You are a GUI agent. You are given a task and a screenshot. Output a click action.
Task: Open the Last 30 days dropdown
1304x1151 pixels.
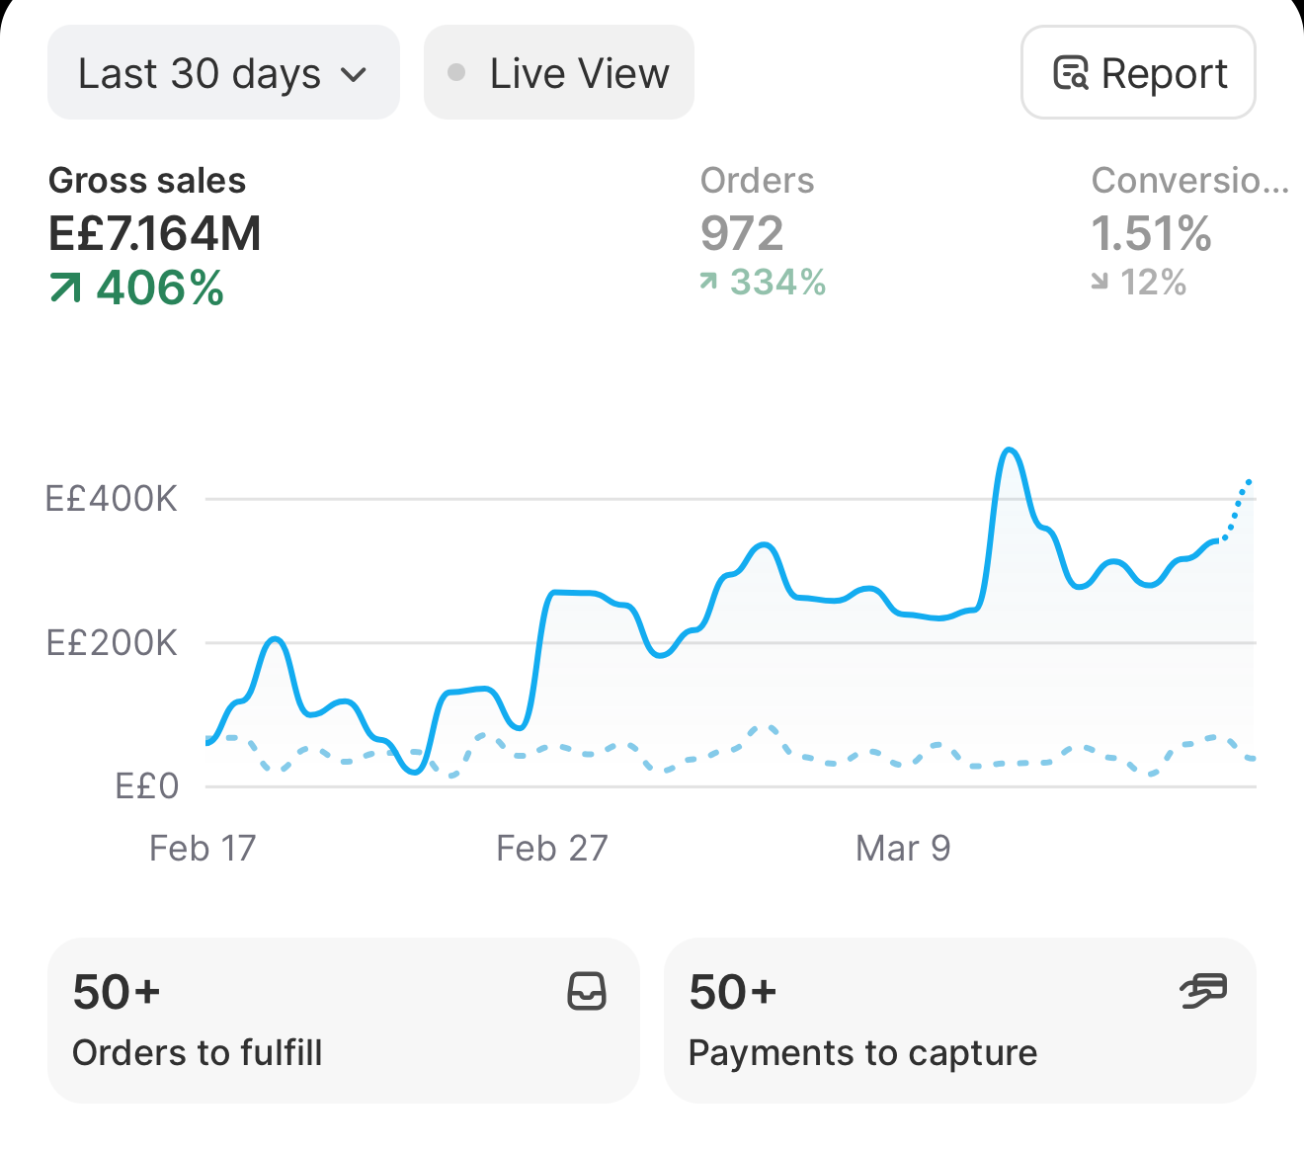[223, 72]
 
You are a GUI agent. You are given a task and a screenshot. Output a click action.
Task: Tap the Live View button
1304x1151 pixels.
[559, 72]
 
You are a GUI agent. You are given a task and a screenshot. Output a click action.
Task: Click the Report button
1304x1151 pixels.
[1138, 72]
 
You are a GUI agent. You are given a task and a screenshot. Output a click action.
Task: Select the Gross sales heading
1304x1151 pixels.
[147, 180]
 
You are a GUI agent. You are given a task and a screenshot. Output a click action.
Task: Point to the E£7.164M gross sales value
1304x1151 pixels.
[154, 233]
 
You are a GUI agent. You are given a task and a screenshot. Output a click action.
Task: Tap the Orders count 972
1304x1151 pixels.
[742, 233]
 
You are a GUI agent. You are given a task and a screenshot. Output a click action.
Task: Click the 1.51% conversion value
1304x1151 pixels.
[1151, 233]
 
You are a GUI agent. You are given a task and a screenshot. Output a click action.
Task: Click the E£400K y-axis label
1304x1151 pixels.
[111, 499]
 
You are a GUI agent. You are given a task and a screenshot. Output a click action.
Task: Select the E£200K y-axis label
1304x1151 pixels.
[111, 642]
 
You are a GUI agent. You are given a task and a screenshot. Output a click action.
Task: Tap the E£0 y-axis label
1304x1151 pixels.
[147, 786]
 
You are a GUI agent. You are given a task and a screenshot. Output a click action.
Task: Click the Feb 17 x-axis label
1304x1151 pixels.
[203, 848]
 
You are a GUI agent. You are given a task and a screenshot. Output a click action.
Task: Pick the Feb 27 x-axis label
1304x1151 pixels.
[551, 848]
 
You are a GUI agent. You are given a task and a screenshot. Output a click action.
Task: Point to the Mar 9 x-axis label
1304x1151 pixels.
[903, 848]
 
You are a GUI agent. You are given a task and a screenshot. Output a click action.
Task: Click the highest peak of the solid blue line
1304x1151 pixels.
[1010, 449]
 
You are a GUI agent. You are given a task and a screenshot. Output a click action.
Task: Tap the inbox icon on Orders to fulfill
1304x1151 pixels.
[587, 991]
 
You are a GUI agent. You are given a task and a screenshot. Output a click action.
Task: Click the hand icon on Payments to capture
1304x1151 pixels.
[1203, 991]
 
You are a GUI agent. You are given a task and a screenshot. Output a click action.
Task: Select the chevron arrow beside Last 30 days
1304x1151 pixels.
[354, 75]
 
